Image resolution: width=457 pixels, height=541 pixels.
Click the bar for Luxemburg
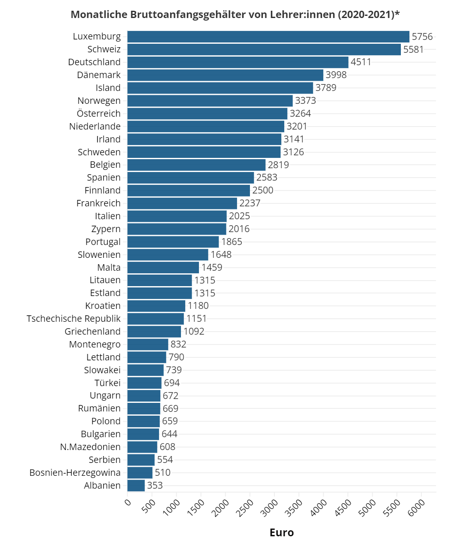tap(268, 36)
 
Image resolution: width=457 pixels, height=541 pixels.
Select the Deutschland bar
tap(238, 62)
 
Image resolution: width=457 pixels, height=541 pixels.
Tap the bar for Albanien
tap(136, 485)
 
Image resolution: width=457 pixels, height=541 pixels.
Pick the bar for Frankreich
tap(182, 203)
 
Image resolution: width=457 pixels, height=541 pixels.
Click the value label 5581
tap(413, 49)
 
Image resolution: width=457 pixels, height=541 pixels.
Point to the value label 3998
tap(336, 75)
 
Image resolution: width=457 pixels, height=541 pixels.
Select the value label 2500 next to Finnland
tap(263, 190)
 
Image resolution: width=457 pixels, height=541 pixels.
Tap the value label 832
tap(178, 344)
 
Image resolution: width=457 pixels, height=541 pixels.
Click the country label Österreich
tap(99, 113)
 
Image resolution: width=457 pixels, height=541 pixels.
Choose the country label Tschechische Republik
tap(74, 318)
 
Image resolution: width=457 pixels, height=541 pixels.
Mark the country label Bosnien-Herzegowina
tap(75, 472)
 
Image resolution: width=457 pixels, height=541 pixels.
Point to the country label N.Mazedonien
tap(90, 447)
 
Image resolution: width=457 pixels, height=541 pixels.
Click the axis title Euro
tap(282, 532)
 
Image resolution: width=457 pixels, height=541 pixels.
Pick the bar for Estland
tap(159, 293)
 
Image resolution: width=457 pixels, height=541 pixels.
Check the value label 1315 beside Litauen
tap(205, 280)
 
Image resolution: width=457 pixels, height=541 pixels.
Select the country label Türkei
tap(108, 383)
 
